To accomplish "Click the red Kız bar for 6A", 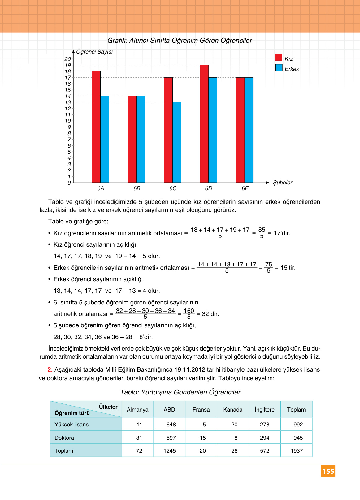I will point(96,127).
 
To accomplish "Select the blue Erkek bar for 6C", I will point(177,142).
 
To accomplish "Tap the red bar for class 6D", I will point(204,124).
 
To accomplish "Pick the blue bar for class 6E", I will point(249,130).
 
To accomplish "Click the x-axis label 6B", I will point(137,188).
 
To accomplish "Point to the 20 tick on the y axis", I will point(68,59).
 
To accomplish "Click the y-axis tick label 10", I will point(68,121).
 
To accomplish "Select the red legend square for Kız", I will point(279,58).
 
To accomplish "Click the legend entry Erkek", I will point(292,69).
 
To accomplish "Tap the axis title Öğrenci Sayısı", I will point(94,52).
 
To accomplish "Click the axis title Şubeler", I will point(282,183).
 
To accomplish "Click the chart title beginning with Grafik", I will point(180,41).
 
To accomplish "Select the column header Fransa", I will point(201,410).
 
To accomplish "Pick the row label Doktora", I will point(64,438).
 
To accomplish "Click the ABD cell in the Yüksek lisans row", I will point(171,425).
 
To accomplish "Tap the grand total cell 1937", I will point(296,451).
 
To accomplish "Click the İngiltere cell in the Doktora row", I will point(264,438).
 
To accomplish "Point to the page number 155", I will point(328,471).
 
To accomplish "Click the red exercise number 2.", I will point(50,370).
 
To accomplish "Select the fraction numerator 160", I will point(189,311).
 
